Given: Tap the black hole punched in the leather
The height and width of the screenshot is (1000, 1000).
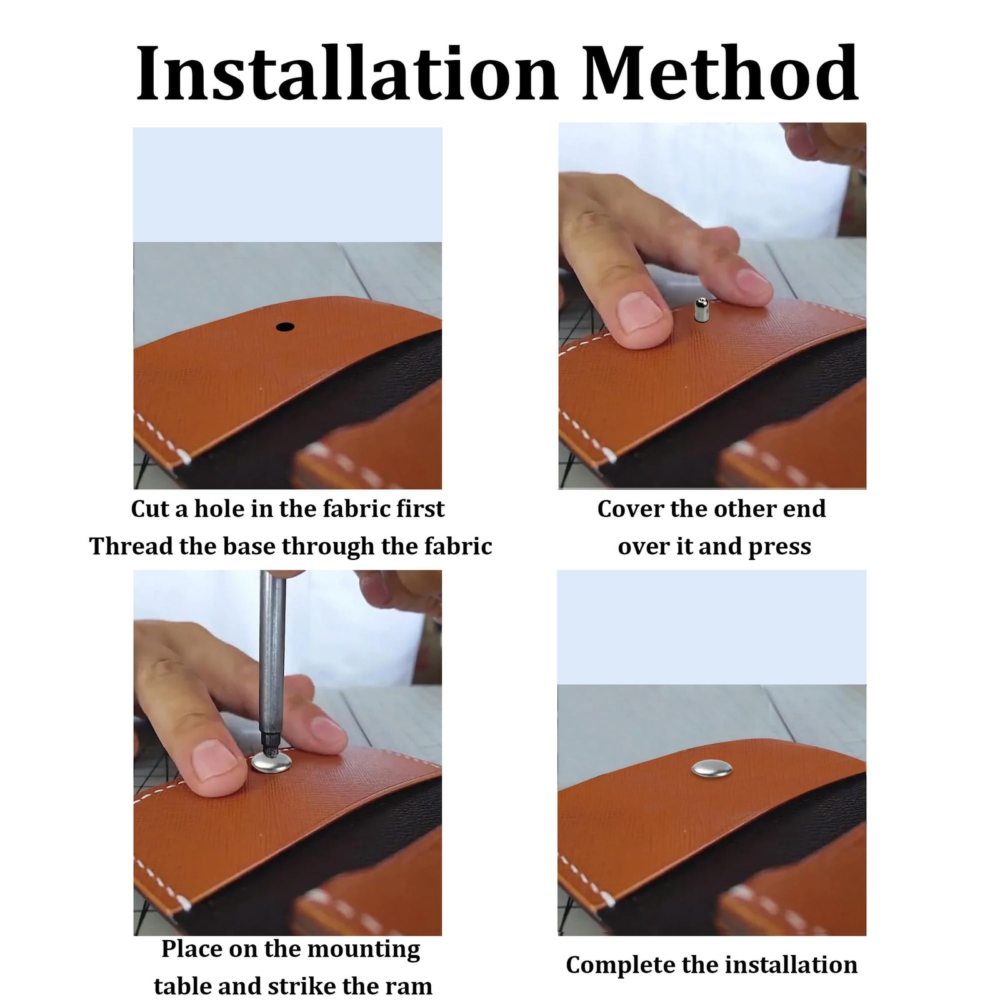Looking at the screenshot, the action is (285, 327).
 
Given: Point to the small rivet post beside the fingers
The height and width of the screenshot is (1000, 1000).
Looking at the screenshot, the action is (701, 310).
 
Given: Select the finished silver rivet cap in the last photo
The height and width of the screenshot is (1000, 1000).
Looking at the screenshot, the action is (712, 768).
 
